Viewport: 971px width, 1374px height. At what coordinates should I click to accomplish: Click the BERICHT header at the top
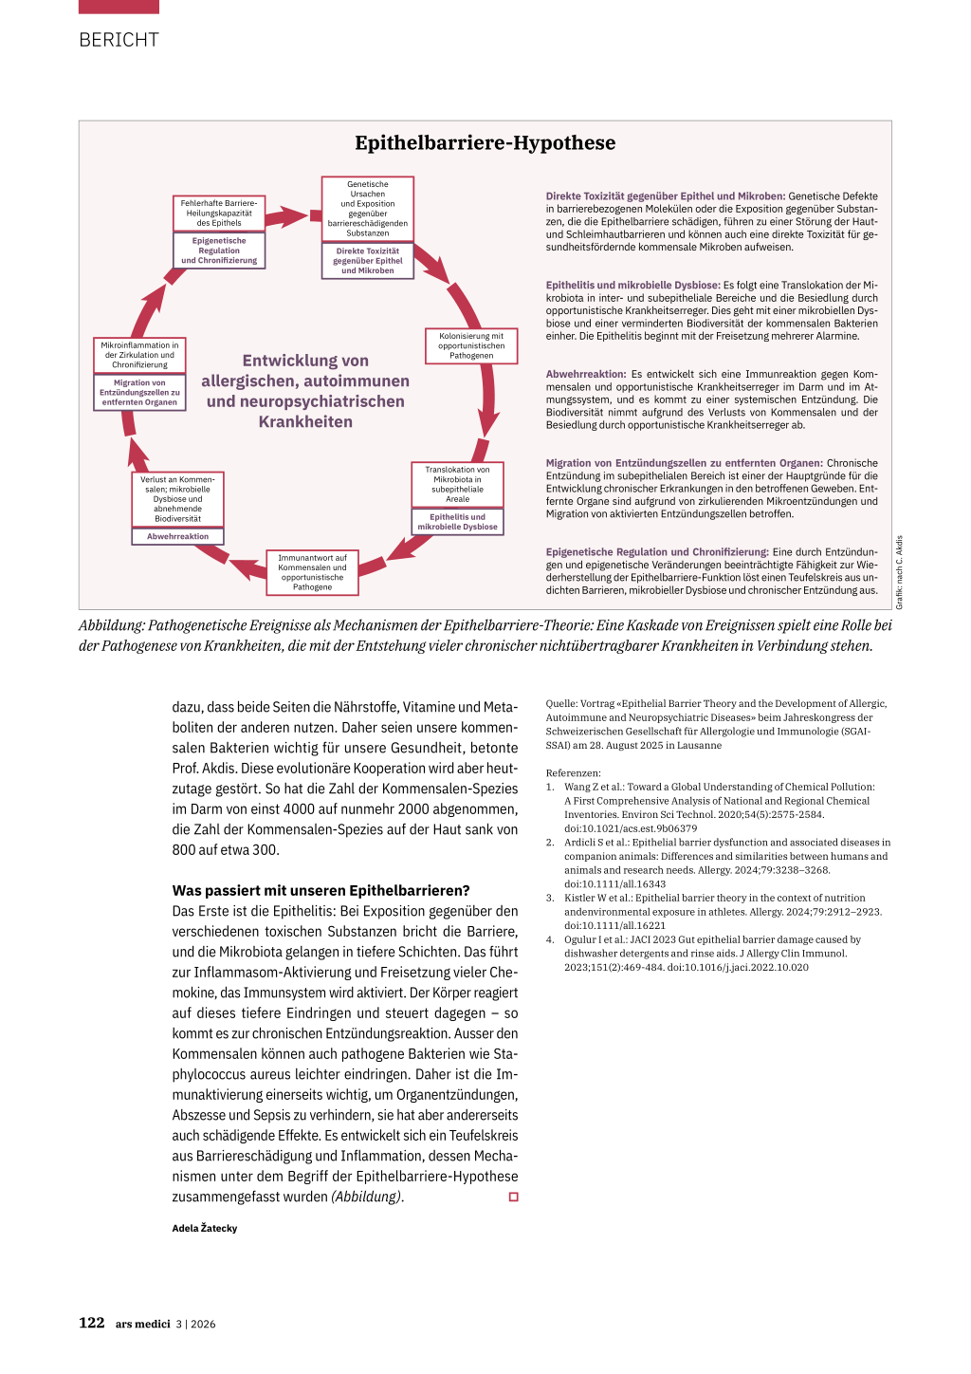[119, 40]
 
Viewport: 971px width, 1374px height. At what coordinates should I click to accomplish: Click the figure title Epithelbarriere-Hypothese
[485, 143]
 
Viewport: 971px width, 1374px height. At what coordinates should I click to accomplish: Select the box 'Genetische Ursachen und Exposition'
[368, 209]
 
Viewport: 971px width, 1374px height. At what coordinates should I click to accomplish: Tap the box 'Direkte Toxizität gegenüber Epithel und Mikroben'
[368, 261]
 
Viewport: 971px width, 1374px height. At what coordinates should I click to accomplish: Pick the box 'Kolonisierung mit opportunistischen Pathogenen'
[471, 345]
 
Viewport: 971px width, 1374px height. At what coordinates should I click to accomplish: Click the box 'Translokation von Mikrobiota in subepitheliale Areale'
[457, 484]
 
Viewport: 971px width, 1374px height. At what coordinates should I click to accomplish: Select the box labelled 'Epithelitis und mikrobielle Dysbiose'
[457, 522]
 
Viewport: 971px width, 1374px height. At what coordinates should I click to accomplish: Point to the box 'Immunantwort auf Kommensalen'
[312, 572]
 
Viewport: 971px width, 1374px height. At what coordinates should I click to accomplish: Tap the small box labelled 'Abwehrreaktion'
[177, 536]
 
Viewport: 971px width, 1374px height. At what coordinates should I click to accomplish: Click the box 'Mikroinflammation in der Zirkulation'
[139, 355]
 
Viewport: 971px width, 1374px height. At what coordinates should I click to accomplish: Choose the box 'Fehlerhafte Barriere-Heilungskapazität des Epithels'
[219, 213]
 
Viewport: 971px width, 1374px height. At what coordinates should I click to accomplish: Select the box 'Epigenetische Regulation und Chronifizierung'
[219, 251]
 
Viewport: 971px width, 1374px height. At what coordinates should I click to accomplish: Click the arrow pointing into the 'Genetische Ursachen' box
[289, 217]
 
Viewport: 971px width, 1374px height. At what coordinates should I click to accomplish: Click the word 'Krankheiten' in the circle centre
[305, 422]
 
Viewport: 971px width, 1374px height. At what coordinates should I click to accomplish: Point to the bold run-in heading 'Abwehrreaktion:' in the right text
[585, 375]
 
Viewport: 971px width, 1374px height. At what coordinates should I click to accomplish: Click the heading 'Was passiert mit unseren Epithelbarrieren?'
[321, 891]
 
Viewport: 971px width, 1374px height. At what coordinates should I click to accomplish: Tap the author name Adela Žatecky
[205, 1228]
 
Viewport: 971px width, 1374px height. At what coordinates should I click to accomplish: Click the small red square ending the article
[514, 1198]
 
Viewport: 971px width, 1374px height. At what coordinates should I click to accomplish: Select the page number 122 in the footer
[92, 1323]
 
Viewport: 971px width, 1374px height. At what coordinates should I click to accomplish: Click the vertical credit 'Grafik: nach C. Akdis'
[900, 572]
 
